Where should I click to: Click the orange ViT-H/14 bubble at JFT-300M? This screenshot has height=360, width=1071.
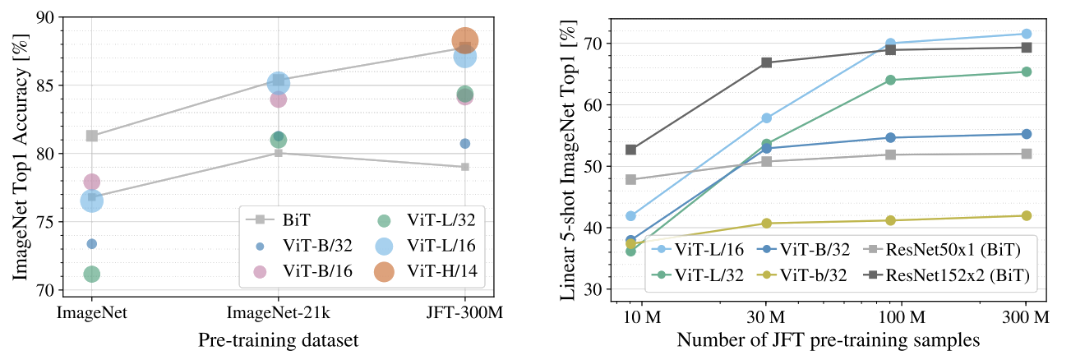(465, 39)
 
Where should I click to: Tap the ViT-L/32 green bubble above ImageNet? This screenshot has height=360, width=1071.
(91, 274)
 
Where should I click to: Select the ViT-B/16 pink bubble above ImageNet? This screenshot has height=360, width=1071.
(91, 181)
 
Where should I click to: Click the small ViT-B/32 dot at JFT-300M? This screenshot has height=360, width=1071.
(465, 144)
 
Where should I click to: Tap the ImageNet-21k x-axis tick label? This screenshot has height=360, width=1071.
(279, 312)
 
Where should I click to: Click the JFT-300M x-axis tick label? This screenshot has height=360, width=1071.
(465, 312)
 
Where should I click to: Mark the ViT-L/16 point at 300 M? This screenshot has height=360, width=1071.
(1026, 34)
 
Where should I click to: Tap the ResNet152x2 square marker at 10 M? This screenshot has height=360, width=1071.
(631, 150)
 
